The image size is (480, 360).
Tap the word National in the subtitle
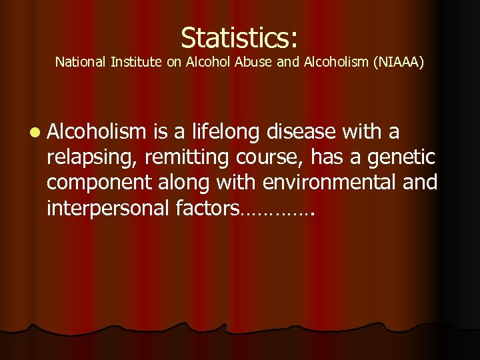77,63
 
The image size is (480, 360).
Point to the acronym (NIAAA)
398,63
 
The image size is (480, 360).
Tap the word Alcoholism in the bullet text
96,132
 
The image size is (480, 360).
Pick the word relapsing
88,158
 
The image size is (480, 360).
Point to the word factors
205,208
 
